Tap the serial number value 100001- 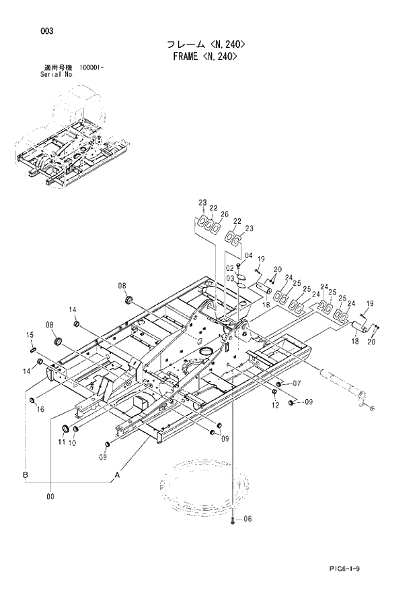click(x=91, y=69)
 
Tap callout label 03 click(x=230, y=278)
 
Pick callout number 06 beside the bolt click(x=247, y=519)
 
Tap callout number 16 click(x=40, y=408)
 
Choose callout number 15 click(x=30, y=335)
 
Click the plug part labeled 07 click(x=276, y=384)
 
